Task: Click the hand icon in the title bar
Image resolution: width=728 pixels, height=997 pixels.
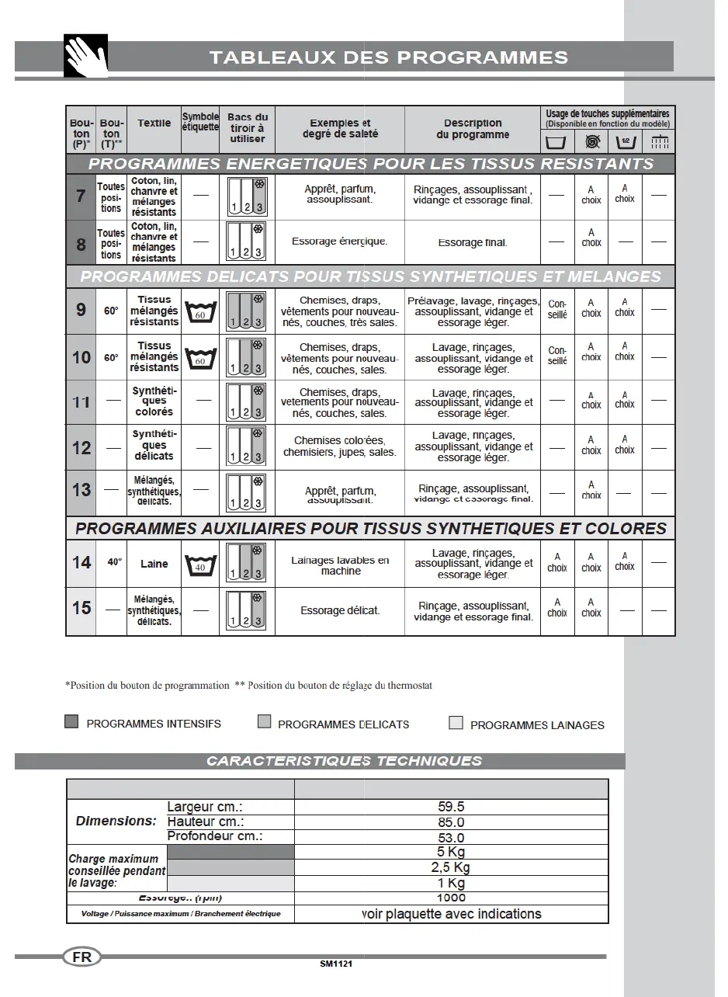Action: [85, 56]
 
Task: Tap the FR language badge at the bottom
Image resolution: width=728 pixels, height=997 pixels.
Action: [81, 957]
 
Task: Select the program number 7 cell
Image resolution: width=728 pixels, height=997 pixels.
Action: [81, 196]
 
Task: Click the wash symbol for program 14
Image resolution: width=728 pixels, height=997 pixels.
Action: [200, 565]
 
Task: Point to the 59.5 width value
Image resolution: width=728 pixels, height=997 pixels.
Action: [451, 807]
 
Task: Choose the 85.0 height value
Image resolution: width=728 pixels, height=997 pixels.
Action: [451, 822]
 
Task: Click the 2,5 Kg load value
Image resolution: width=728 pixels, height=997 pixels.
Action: [451, 867]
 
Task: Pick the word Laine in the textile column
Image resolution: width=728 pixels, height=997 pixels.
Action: [154, 564]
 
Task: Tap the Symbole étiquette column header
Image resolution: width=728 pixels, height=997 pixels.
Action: [200, 122]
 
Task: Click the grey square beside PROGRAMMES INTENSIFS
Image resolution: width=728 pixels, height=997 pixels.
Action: [71, 722]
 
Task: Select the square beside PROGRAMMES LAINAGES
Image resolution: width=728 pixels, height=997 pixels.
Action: [456, 724]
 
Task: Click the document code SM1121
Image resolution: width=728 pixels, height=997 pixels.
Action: [336, 964]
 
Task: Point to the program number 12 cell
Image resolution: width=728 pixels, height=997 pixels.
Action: [81, 448]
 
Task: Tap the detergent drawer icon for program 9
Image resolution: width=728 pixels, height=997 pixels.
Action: [247, 312]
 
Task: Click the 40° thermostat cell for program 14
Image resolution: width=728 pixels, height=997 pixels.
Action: [114, 561]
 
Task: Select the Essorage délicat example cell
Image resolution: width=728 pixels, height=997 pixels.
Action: [340, 610]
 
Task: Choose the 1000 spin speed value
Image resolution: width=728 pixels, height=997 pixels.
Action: [451, 898]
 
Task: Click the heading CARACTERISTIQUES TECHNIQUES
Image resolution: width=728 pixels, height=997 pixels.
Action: [344, 761]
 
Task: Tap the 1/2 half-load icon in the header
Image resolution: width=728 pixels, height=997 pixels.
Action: [626, 141]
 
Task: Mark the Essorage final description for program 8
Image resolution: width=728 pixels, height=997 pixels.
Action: [472, 242]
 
